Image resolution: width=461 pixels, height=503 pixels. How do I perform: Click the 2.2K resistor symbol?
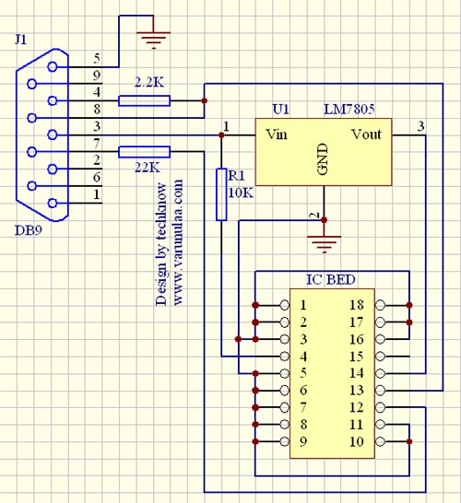coord(144,100)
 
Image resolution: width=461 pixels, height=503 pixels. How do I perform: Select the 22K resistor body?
coord(144,152)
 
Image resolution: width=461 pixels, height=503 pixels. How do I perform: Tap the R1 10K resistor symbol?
coord(221,194)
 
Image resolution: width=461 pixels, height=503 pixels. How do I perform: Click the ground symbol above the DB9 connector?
coord(153,40)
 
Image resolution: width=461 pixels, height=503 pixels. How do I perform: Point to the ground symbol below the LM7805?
coord(324,244)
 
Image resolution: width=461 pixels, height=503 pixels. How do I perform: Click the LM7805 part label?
coord(349,110)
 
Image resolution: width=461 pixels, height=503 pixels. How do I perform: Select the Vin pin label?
coord(277,135)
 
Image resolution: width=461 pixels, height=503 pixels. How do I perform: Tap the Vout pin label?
coord(366,135)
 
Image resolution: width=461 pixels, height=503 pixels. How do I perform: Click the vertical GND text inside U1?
coord(323,159)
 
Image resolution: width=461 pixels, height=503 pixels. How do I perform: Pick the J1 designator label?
coord(21,40)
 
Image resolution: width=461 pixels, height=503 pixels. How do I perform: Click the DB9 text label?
coord(29,230)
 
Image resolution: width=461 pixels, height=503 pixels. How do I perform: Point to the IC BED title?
coord(331,280)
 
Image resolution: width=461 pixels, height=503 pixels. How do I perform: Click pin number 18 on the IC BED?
coord(356,305)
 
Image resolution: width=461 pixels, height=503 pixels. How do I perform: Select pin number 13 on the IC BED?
coord(356,390)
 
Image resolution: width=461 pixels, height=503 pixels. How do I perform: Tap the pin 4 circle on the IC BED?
coord(284,357)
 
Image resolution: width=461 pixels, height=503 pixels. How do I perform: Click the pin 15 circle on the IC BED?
coord(380,357)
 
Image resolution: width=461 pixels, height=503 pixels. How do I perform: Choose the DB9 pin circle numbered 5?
coord(52,66)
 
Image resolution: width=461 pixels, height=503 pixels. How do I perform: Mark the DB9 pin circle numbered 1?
coord(52,203)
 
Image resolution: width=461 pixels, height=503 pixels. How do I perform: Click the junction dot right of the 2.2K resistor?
coord(204,100)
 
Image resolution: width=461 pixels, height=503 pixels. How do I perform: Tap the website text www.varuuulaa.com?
coord(178,242)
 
